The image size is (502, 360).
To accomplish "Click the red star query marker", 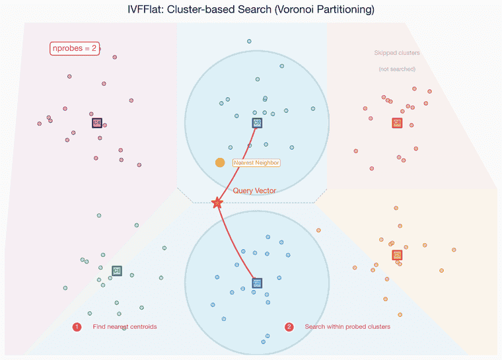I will pyautogui.click(x=217, y=203).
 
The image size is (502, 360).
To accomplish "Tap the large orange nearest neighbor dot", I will pyautogui.click(x=220, y=162).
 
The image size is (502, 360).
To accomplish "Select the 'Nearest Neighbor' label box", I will pyautogui.click(x=256, y=162).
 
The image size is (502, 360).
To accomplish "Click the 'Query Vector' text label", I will pyautogui.click(x=254, y=190).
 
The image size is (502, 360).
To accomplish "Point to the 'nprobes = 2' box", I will pyautogui.click(x=75, y=48).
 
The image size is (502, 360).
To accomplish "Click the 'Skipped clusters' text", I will pyautogui.click(x=396, y=53).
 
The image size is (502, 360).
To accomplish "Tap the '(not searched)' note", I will pyautogui.click(x=396, y=69).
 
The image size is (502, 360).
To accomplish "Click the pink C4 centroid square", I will pyautogui.click(x=97, y=122).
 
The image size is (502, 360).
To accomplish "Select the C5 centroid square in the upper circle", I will pyautogui.click(x=257, y=122).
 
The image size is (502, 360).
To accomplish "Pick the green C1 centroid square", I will pyautogui.click(x=117, y=270).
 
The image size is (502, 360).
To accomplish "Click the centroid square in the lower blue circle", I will pyautogui.click(x=256, y=283).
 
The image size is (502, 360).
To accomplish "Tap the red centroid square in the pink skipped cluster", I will pyautogui.click(x=396, y=122).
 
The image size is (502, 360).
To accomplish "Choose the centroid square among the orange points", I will pyautogui.click(x=397, y=254).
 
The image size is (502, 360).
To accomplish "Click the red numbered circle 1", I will pyautogui.click(x=77, y=327).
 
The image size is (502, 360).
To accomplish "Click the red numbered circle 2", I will pyautogui.click(x=289, y=327).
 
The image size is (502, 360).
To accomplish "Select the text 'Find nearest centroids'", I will pyautogui.click(x=125, y=327).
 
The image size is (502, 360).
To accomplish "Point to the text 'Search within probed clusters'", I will pyautogui.click(x=347, y=327).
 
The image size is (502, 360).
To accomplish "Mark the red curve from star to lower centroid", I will pyautogui.click(x=238, y=244).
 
